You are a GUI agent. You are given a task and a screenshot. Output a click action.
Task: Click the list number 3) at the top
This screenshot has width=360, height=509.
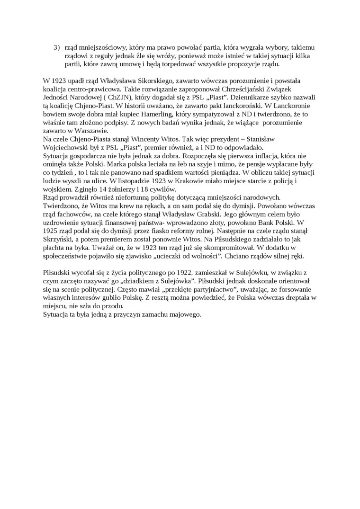(56, 48)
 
